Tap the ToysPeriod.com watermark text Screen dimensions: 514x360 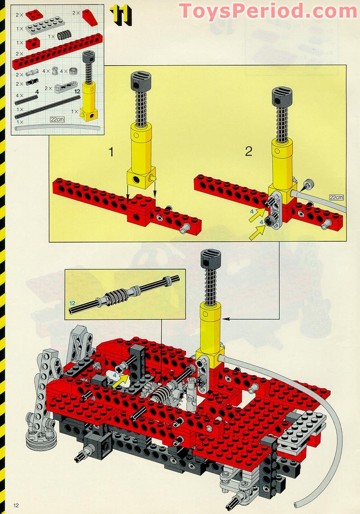point(267,11)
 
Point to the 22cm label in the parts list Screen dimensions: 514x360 point(58,120)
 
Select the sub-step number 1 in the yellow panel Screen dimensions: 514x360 point(111,151)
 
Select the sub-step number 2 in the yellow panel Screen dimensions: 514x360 point(249,151)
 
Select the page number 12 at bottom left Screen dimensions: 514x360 point(16,505)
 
